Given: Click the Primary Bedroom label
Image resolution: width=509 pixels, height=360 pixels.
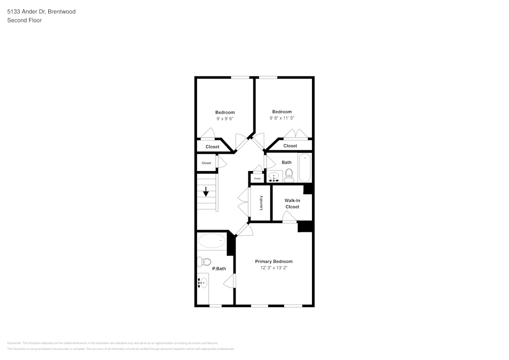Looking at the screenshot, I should click(274, 261).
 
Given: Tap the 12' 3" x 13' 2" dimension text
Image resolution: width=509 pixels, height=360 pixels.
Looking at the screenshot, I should click(274, 267).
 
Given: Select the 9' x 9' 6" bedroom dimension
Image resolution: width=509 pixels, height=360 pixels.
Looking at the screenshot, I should click(225, 119).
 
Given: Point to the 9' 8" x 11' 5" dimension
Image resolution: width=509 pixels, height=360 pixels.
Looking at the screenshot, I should click(282, 118).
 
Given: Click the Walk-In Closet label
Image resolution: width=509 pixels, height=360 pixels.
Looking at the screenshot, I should click(292, 204).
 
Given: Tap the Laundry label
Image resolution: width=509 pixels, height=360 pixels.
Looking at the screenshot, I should click(261, 203).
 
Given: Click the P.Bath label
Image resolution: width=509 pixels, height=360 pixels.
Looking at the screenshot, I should click(219, 268).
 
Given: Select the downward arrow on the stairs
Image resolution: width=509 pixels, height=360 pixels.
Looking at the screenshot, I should click(206, 192).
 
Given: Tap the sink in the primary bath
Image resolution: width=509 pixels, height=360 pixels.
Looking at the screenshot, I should click(204, 283).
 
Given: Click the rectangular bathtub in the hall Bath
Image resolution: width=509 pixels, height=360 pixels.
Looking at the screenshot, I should click(304, 167).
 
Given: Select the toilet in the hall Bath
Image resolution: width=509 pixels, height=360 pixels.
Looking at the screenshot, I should click(289, 176).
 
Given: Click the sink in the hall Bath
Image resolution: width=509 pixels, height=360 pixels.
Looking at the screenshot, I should click(274, 177).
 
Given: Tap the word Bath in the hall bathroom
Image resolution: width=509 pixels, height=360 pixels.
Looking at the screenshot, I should click(287, 162).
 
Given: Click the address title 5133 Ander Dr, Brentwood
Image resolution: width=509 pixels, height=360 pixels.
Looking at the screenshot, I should click(42, 11).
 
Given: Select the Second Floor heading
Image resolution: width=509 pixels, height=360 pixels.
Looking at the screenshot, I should click(24, 20).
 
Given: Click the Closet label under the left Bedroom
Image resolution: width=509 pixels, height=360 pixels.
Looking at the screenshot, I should click(212, 147).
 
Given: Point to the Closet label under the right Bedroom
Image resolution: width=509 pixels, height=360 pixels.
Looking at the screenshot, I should click(290, 146).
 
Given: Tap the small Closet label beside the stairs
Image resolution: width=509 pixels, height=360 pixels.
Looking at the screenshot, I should click(206, 163).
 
